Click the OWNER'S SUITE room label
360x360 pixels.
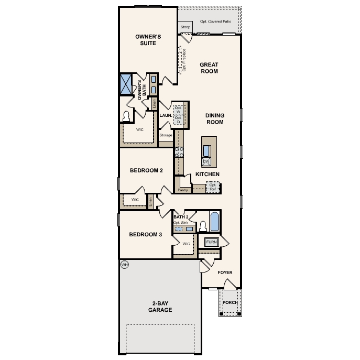148,40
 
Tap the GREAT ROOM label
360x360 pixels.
209,68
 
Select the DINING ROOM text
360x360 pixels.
214,119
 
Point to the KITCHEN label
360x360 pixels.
207,174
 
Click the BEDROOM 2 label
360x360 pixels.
146,170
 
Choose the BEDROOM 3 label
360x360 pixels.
145,234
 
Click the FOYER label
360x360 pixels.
225,272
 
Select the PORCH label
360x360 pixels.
230,302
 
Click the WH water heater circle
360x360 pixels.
124,265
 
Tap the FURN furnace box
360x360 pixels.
211,242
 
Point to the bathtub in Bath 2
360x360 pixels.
215,222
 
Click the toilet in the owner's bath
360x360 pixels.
126,116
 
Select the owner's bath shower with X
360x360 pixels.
126,84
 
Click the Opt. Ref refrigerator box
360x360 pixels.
212,187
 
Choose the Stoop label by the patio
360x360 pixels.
185,27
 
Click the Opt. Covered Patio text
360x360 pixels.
216,22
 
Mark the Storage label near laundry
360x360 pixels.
166,135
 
